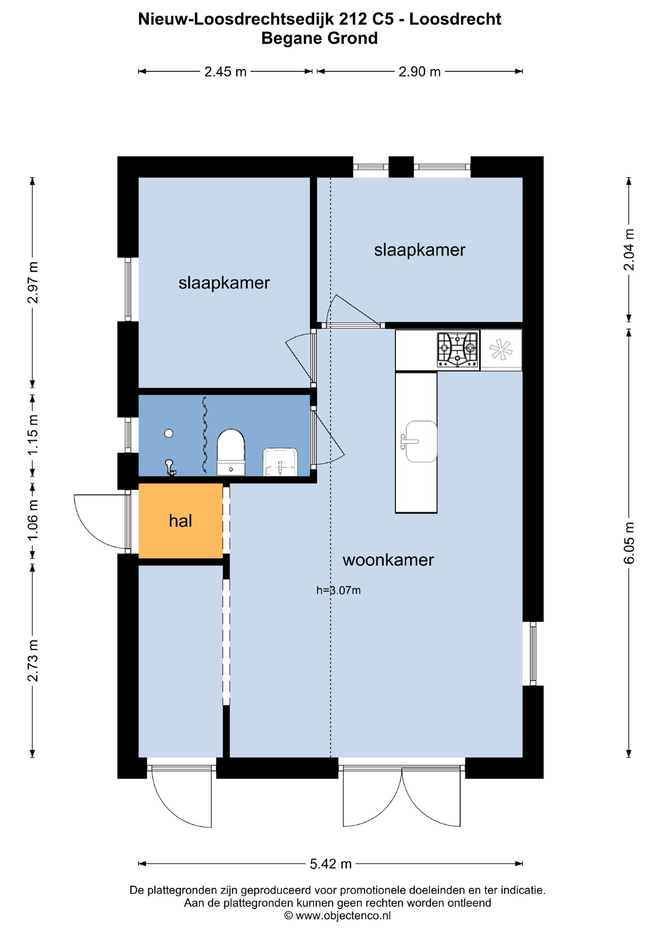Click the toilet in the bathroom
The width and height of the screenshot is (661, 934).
pyautogui.click(x=231, y=452)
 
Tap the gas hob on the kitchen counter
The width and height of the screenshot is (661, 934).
pyautogui.click(x=458, y=349)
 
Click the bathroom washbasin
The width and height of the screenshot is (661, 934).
pyautogui.click(x=280, y=462)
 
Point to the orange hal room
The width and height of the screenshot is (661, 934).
pyautogui.click(x=181, y=521)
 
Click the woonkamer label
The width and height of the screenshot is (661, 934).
pyautogui.click(x=388, y=560)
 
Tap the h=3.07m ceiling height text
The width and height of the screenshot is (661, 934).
pyautogui.click(x=338, y=590)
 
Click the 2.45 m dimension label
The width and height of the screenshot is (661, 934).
pyautogui.click(x=225, y=72)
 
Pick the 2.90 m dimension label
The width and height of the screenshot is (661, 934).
pyautogui.click(x=420, y=72)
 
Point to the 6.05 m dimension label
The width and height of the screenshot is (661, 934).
pyautogui.click(x=629, y=543)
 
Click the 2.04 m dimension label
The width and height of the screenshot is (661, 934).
pyautogui.click(x=629, y=249)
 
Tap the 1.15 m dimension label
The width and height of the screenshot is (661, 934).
pyautogui.click(x=33, y=434)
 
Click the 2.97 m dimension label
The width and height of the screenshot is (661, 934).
pyautogui.click(x=33, y=283)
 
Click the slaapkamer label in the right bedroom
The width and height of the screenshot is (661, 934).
pyautogui.click(x=420, y=250)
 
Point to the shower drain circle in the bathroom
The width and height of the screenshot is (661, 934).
pyautogui.click(x=169, y=433)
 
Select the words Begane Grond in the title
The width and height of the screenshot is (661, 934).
pyautogui.click(x=319, y=38)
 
